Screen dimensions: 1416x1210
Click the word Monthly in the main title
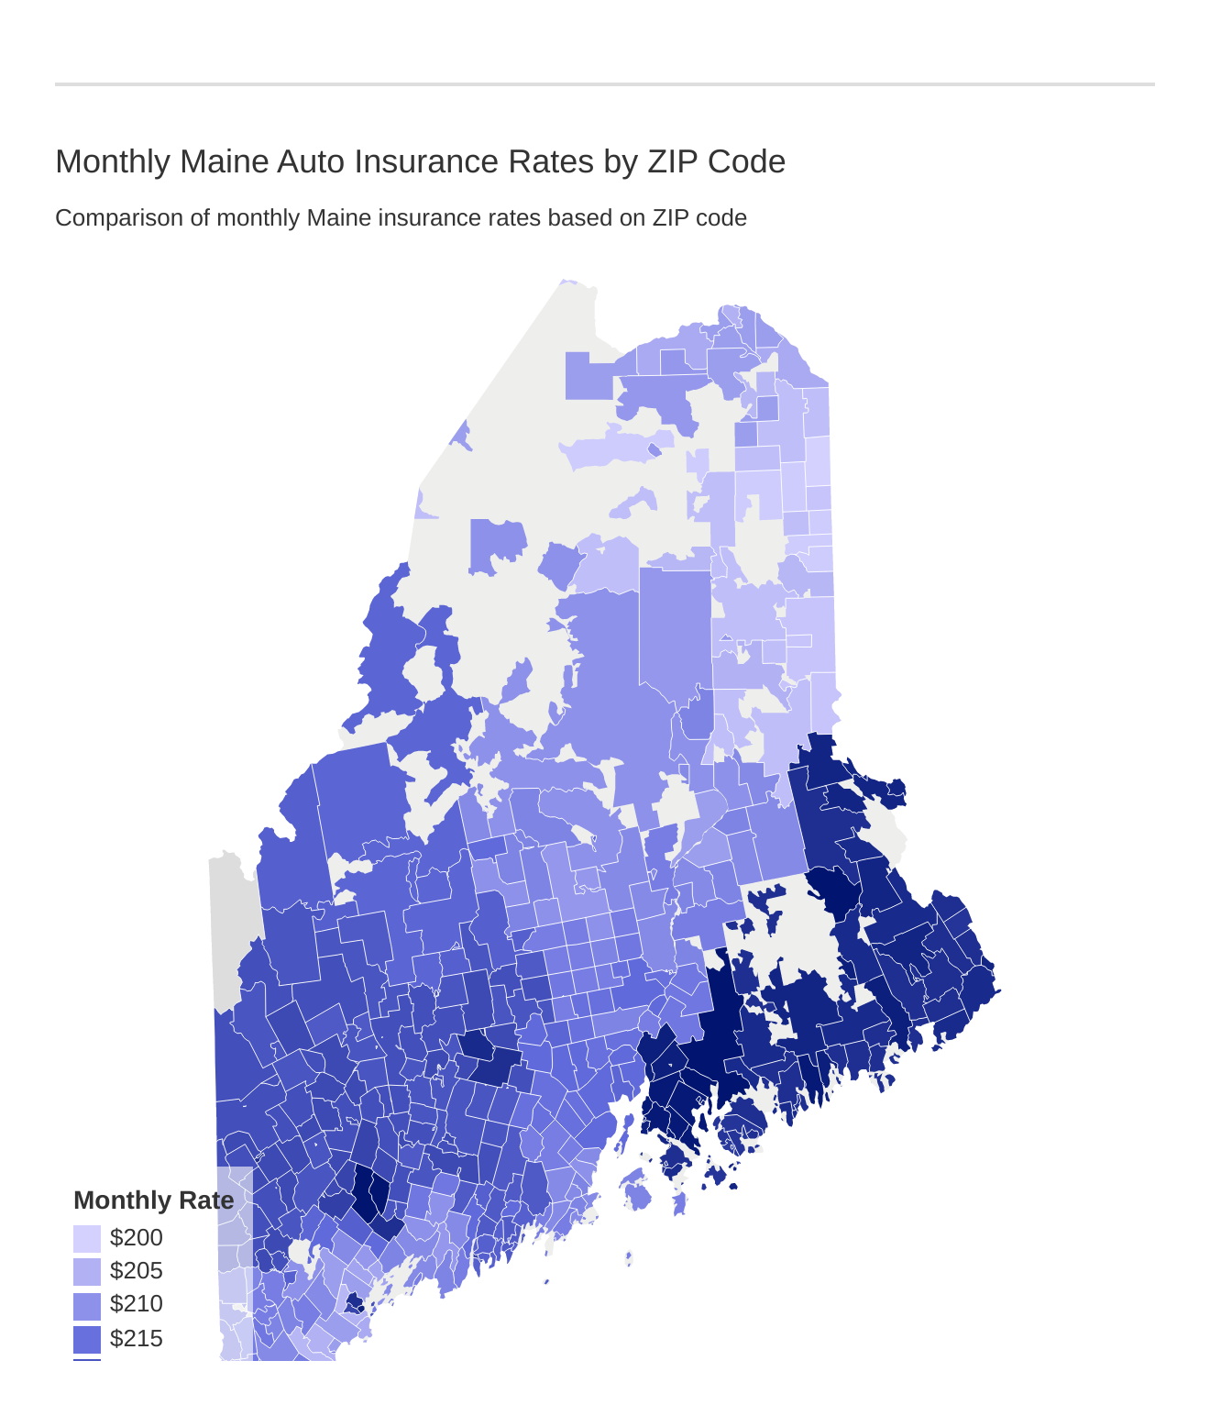coord(113,161)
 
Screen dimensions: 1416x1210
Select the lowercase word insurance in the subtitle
coord(413,218)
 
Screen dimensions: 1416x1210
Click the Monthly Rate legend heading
coord(153,1200)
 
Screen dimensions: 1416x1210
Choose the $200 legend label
coord(136,1238)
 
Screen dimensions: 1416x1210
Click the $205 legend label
coord(136,1271)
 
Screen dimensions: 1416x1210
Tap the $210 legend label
coord(136,1304)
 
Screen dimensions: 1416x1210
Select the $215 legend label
coord(136,1339)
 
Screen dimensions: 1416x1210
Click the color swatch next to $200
coord(87,1239)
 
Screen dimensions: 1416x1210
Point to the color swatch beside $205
coord(87,1272)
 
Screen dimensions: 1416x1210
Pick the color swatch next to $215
coord(87,1339)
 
